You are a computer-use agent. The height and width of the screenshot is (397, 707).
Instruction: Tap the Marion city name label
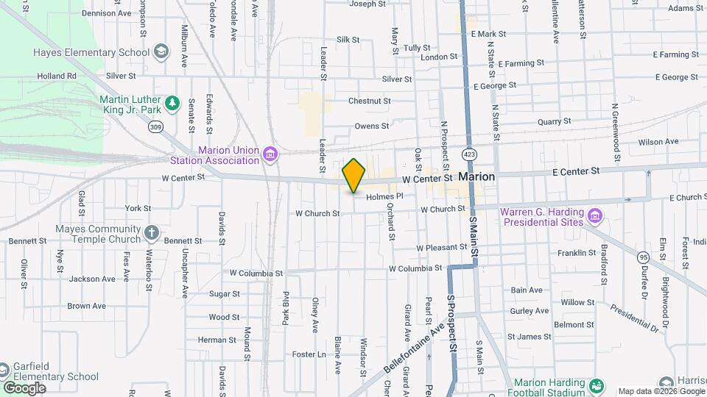[x=476, y=177]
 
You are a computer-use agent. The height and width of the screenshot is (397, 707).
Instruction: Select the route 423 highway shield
[x=468, y=154]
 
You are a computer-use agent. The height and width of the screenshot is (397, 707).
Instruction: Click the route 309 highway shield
[x=155, y=127]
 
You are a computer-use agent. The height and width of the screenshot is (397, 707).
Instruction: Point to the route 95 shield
[x=644, y=257]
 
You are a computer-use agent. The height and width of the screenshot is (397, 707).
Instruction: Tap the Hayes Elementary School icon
[x=161, y=52]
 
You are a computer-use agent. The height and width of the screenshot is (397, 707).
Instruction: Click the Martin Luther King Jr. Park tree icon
[x=172, y=103]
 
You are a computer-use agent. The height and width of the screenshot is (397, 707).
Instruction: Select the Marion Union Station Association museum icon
[x=270, y=154]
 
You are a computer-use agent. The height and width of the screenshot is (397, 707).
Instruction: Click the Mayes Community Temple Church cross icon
[x=151, y=233]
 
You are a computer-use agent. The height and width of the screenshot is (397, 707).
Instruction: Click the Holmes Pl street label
[x=385, y=196]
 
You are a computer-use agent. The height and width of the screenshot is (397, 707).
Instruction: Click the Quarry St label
[x=554, y=121]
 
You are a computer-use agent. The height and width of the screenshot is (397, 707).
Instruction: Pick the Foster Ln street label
[x=309, y=354]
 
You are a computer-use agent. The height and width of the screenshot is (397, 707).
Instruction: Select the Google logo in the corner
[x=24, y=387]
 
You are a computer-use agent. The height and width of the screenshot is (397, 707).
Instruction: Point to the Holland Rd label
[x=57, y=76]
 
